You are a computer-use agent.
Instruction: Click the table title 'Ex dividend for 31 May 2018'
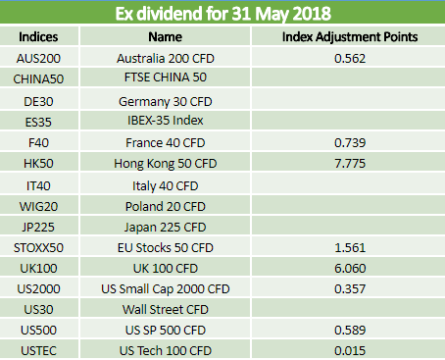[223, 14]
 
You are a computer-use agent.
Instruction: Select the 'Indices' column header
[38, 36]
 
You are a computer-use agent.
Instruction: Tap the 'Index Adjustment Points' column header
[350, 36]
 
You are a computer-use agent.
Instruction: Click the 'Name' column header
[165, 36]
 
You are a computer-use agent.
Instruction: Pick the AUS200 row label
[38, 59]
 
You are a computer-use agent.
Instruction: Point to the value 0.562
[350, 59]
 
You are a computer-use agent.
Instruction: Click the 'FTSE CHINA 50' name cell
[166, 77]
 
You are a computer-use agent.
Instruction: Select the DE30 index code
[38, 102]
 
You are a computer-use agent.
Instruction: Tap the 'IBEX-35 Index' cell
[166, 121]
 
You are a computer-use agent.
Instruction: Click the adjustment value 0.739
[350, 143]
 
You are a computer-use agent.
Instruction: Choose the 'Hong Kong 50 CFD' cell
[166, 164]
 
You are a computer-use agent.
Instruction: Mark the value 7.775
[350, 164]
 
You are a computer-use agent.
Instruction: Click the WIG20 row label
[38, 207]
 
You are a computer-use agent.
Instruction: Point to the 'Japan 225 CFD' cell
[166, 228]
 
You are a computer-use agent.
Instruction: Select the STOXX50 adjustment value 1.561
[350, 248]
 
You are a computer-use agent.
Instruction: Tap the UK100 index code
[38, 269]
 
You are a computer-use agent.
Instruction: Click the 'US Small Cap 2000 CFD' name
[166, 289]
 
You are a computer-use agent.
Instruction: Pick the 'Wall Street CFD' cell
[166, 310]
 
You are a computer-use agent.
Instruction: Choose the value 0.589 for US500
[350, 331]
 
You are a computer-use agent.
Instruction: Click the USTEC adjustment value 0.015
[350, 351]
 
